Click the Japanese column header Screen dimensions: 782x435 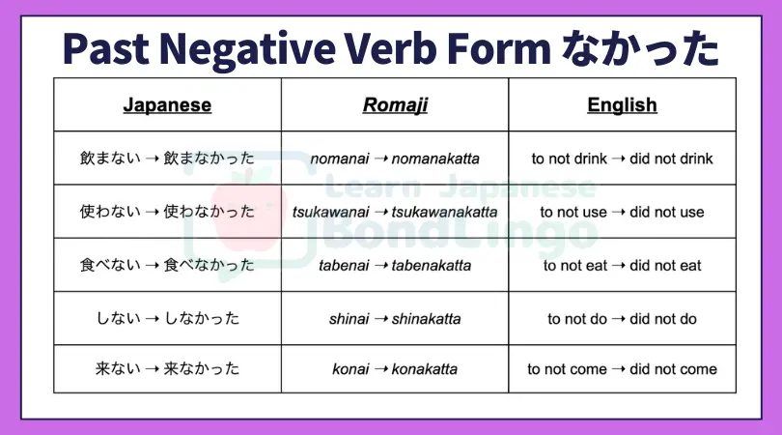point(167,105)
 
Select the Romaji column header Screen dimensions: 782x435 point(395,105)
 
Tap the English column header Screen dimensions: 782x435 point(622,105)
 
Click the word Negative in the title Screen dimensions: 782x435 point(247,50)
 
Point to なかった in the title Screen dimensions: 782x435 point(640,49)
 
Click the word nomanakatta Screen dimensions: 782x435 point(435,159)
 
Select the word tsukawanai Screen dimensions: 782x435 point(330,213)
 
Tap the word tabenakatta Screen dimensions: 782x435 point(431,266)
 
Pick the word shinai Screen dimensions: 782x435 point(349,319)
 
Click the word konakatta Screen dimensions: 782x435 point(425,369)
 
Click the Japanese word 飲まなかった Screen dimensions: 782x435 point(209,159)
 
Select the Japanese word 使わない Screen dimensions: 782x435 point(110,212)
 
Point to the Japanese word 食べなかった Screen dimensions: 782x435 point(209,265)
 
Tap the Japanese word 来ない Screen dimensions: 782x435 point(118,369)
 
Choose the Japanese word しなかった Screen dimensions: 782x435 point(202,319)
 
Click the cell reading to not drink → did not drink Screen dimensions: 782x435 point(622,159)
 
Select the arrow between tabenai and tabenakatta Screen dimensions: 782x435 point(380,266)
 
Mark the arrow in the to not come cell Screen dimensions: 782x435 point(619,369)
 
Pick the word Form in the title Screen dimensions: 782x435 point(499,49)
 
